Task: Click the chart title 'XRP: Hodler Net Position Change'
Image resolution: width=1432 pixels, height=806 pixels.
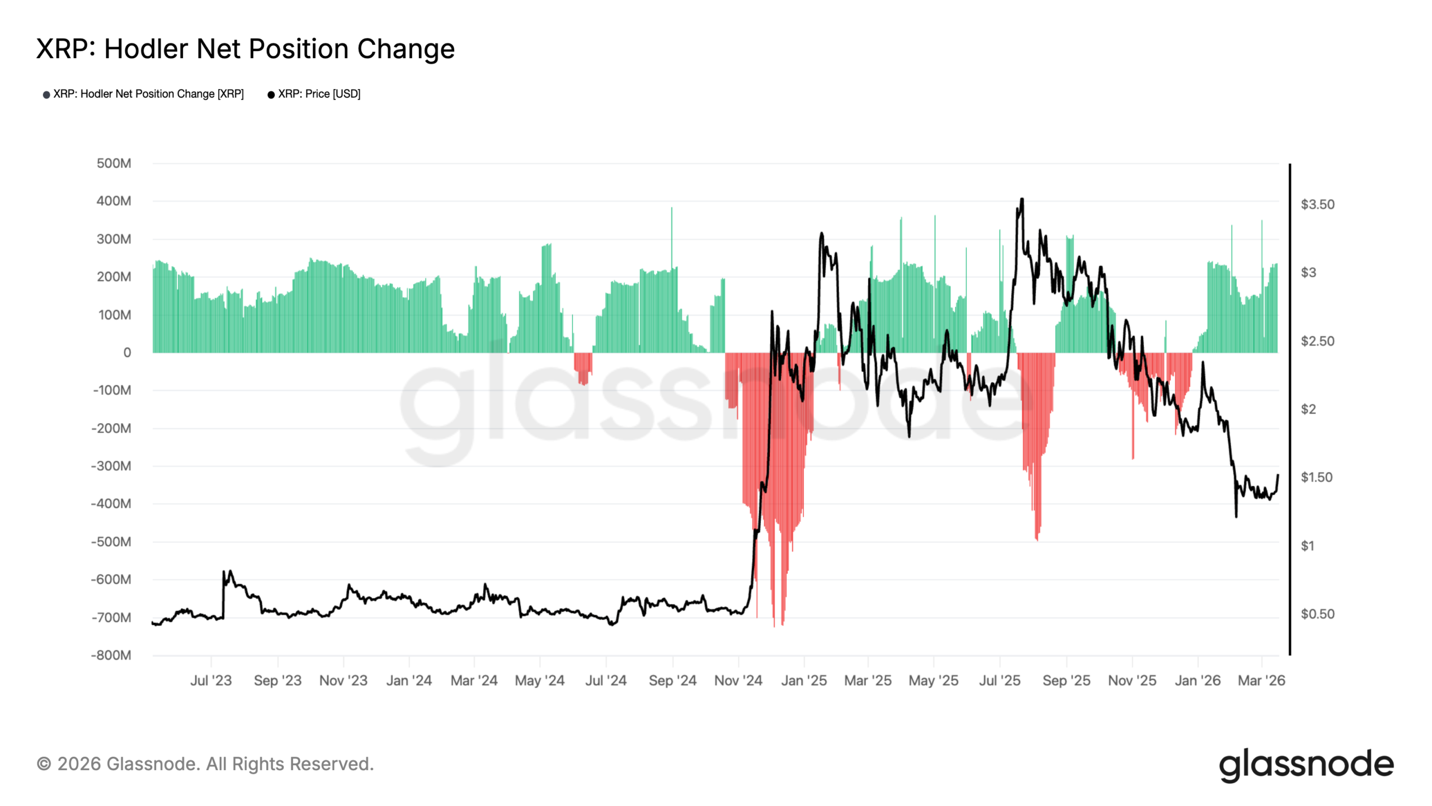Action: (x=245, y=49)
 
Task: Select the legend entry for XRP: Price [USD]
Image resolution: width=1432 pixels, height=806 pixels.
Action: (x=319, y=94)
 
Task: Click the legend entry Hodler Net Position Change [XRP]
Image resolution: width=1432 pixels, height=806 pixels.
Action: (x=148, y=94)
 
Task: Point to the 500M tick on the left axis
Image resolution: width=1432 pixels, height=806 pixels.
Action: (x=114, y=163)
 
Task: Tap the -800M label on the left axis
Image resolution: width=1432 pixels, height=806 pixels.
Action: (x=111, y=655)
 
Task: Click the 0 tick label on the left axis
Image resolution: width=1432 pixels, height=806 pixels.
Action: (x=127, y=353)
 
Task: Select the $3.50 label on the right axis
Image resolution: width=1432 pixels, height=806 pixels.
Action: (x=1317, y=204)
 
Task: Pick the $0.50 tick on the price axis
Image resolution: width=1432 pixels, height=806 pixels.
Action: (x=1317, y=614)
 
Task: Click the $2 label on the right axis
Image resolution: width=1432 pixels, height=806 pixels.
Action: (x=1308, y=409)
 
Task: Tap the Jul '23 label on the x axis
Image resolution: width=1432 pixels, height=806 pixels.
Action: (x=210, y=681)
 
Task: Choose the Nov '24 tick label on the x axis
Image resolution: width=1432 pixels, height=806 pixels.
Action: (x=738, y=681)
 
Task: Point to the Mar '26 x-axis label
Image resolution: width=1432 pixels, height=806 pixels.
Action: (x=1261, y=681)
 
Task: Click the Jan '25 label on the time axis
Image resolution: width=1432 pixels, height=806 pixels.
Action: (x=803, y=681)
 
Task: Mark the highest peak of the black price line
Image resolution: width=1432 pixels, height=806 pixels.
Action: (x=1021, y=199)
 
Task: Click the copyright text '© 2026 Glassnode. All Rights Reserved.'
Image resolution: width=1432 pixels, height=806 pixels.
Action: (x=205, y=764)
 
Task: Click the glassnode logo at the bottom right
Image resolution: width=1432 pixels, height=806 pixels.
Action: (x=1306, y=765)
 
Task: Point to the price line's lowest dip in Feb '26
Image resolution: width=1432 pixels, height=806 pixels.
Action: (x=1236, y=516)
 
